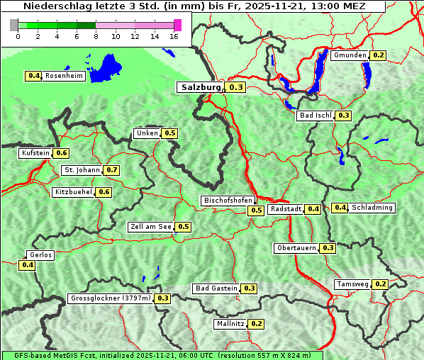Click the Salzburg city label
pos(201,87)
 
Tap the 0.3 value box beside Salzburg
pos(236,87)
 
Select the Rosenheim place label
pos(64,76)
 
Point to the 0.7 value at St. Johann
pos(111,170)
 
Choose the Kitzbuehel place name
pos(73,192)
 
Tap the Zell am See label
pos(151,227)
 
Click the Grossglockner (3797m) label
pos(111,298)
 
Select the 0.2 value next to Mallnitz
pos(256,324)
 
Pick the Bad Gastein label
pos(216,288)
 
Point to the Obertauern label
pos(296,248)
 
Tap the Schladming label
pos(372,208)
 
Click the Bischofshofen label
pos(227,201)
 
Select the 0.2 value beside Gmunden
pos(378,55)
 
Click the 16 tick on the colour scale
pos(174,36)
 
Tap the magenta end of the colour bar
pos(177,25)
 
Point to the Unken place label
pos(147,133)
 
